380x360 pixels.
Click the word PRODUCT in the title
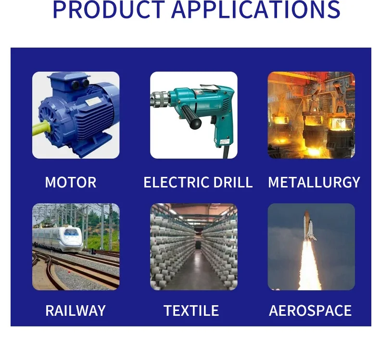[x=109, y=10]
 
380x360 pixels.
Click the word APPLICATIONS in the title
[x=256, y=10]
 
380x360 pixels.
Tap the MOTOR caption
[x=71, y=182]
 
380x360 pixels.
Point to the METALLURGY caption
[x=314, y=182]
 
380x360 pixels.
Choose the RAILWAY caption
[x=76, y=310]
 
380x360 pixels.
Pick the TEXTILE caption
[x=191, y=310]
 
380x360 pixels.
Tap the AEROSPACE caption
[x=310, y=310]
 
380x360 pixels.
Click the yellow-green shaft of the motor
[x=41, y=128]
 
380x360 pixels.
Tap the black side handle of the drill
[x=191, y=117]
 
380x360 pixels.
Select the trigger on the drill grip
[x=213, y=120]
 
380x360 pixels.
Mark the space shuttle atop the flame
[x=309, y=226]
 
